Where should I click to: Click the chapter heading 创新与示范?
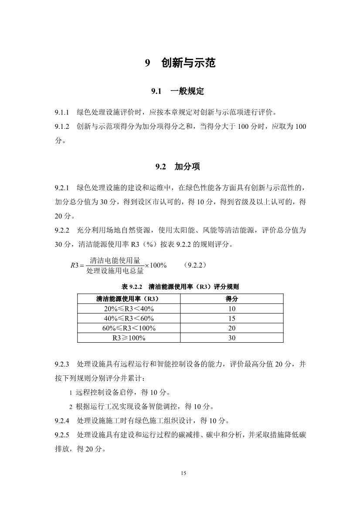pos(188,64)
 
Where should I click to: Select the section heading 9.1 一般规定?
pos(177,91)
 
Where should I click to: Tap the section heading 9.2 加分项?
pos(178,166)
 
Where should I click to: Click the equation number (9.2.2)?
pos(195,265)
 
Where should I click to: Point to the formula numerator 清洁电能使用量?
pos(115,260)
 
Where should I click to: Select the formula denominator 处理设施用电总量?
pos(115,271)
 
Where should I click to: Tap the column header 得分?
pos(231,299)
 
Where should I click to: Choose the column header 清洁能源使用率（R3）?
pos(129,299)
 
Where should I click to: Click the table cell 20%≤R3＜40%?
pos(129,309)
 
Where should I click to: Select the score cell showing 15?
pos(231,318)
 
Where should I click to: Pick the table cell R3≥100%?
pos(129,338)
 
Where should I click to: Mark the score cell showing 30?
pos(231,338)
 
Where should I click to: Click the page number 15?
pos(183,473)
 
